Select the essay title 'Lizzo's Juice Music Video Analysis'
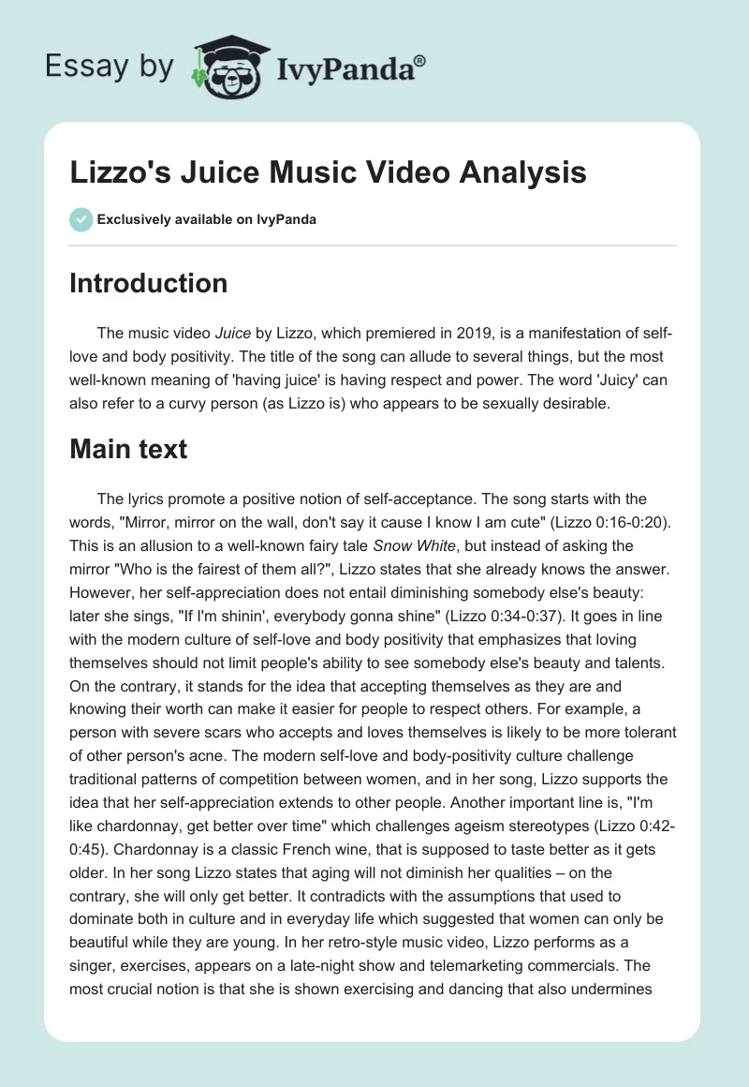click(x=328, y=172)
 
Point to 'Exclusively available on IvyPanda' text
click(x=206, y=219)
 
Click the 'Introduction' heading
click(x=148, y=283)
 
